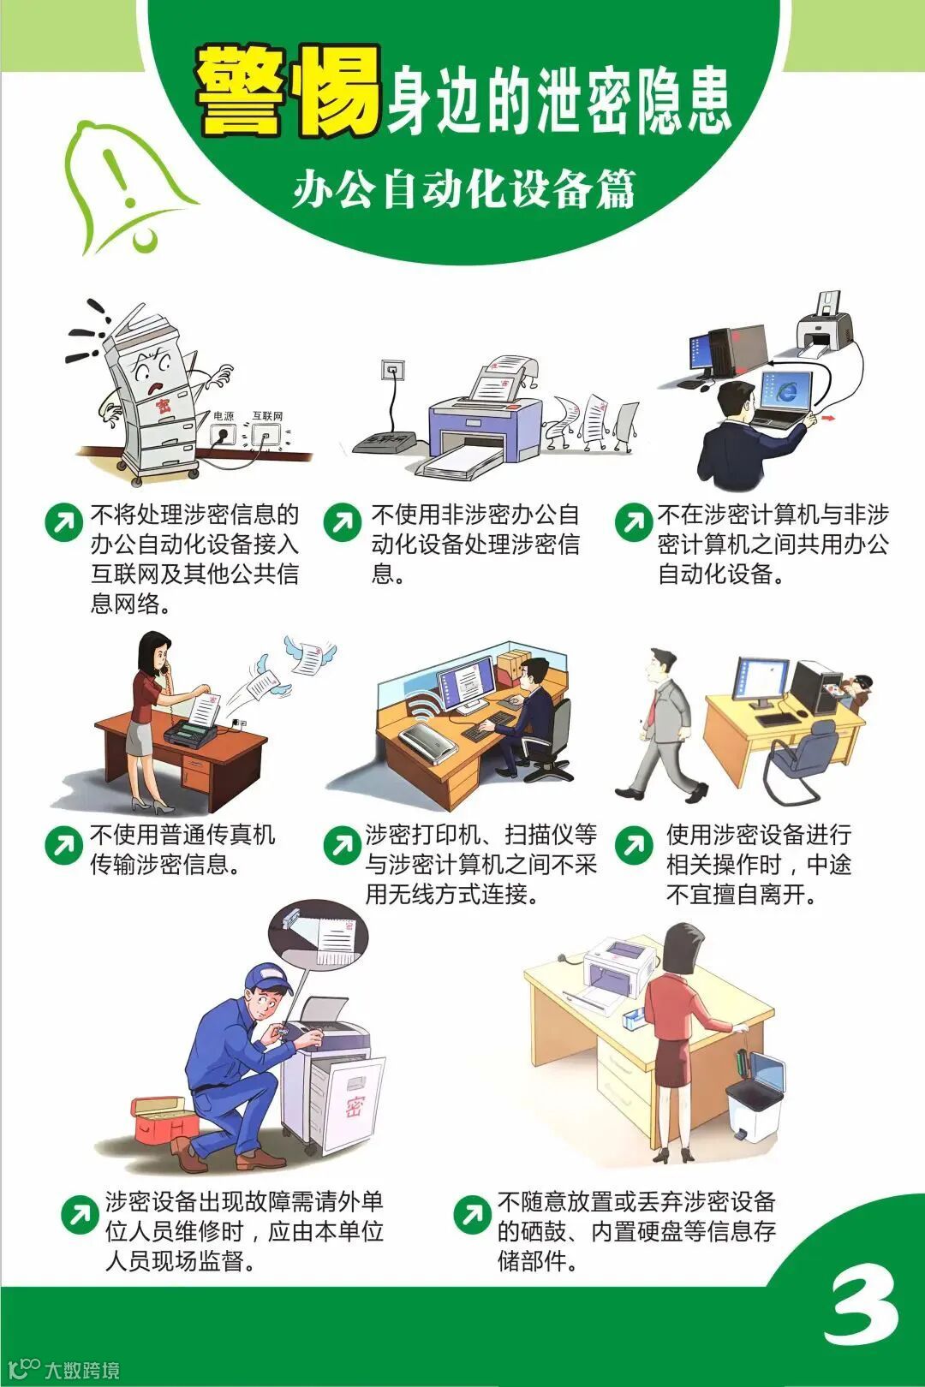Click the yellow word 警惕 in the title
288,91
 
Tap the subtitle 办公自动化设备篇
465,188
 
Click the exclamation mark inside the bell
122,178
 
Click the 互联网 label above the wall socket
267,416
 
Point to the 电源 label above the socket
224,416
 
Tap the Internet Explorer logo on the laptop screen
787,390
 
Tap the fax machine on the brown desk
189,734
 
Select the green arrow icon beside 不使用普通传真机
64,844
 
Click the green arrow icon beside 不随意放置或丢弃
473,1214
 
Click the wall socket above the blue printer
391,370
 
